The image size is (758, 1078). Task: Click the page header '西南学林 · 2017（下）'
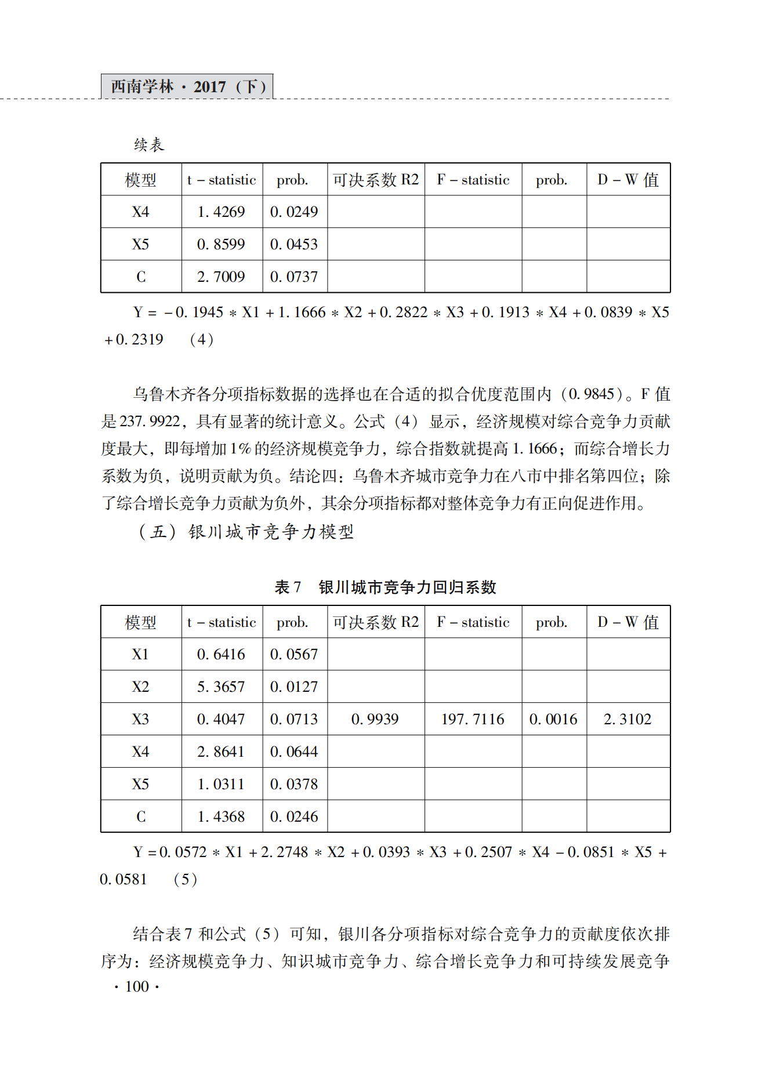pyautogui.click(x=187, y=87)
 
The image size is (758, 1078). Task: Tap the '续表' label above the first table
pyautogui.click(x=149, y=144)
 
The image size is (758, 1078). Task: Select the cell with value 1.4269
pyautogui.click(x=221, y=212)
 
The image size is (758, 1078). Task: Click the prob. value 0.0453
pyautogui.click(x=294, y=244)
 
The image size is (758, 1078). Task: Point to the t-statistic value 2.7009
pyautogui.click(x=221, y=277)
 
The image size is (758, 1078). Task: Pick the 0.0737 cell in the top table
pyautogui.click(x=294, y=277)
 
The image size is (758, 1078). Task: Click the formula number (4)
pyautogui.click(x=201, y=339)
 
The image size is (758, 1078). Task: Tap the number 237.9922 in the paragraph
pyautogui.click(x=150, y=422)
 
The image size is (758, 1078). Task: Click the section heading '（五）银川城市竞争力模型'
pyautogui.click(x=246, y=532)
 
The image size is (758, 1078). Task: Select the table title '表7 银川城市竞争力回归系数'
pyautogui.click(x=385, y=587)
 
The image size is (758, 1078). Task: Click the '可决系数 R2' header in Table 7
pyautogui.click(x=376, y=622)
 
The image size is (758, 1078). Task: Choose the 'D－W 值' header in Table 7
pyautogui.click(x=628, y=622)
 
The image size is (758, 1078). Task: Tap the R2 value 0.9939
pyautogui.click(x=375, y=720)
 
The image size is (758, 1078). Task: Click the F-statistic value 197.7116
pyautogui.click(x=473, y=720)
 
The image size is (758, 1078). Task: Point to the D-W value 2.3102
pyautogui.click(x=628, y=720)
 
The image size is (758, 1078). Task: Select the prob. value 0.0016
pyautogui.click(x=553, y=720)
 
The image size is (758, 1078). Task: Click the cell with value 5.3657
pyautogui.click(x=221, y=687)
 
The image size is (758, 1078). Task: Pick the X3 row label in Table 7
pyautogui.click(x=140, y=720)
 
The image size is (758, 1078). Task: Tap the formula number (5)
pyautogui.click(x=186, y=879)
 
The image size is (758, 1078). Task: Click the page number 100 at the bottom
pyautogui.click(x=137, y=986)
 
